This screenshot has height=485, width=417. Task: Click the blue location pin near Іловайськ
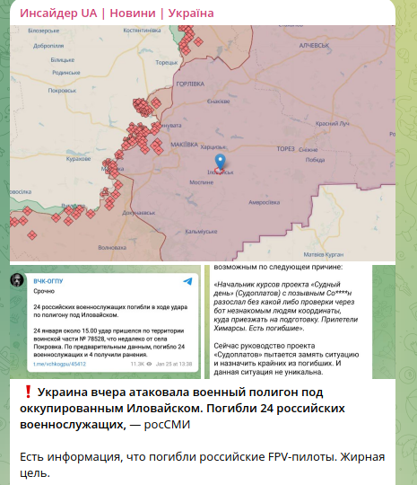coord(221,163)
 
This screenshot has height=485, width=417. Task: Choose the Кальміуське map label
coord(201,232)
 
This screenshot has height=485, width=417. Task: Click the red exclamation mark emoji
coord(28,392)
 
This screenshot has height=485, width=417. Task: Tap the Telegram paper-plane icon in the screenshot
coord(187,281)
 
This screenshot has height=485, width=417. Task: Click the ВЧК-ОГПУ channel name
coord(50,279)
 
